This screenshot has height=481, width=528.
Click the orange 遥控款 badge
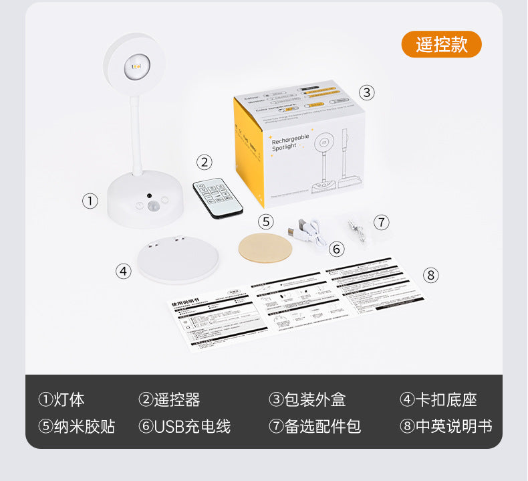[x=441, y=44]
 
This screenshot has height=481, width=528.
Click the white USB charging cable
[x=309, y=232]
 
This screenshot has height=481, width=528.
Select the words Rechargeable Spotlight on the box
[x=290, y=141]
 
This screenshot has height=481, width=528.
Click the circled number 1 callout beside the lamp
[x=90, y=201]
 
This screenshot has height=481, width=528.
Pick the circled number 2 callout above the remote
[x=205, y=162]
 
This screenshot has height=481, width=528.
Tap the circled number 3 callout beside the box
[x=367, y=92]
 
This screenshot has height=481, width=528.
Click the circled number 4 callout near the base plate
[x=123, y=271]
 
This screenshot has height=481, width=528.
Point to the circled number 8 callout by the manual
[x=430, y=274]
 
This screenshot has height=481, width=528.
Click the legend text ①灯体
[x=61, y=400]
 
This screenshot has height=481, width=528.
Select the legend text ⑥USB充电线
[x=184, y=426]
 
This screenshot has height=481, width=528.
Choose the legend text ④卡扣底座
[x=438, y=400]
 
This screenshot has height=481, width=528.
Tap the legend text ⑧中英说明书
[x=446, y=426]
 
